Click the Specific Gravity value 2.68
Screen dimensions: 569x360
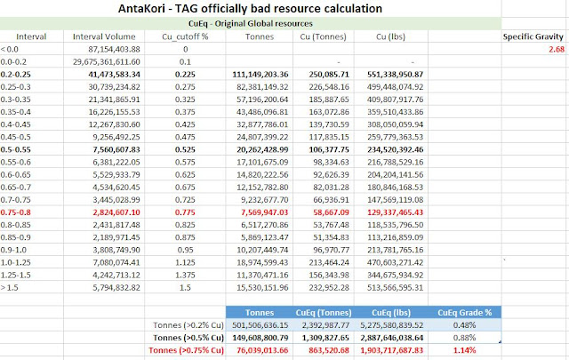pyautogui.click(x=557, y=50)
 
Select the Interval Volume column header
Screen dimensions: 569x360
pyautogui.click(x=104, y=36)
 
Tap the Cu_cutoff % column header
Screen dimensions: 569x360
pyautogui.click(x=185, y=36)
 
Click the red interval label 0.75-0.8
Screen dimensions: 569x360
pyautogui.click(x=16, y=212)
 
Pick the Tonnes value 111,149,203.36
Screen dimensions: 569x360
pyautogui.click(x=260, y=75)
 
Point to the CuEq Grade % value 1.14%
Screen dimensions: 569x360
pyautogui.click(x=464, y=350)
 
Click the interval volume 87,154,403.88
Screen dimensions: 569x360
pyautogui.click(x=114, y=50)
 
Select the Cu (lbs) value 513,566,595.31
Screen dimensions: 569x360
pyautogui.click(x=395, y=287)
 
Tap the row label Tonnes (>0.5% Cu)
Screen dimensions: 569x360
pyautogui.click(x=188, y=338)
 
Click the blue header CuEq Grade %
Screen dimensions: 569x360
pyautogui.click(x=464, y=313)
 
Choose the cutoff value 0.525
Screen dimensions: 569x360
pyautogui.click(x=185, y=149)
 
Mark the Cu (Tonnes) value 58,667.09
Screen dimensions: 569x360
pyautogui.click(x=331, y=212)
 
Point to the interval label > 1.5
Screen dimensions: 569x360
pyautogui.click(x=10, y=287)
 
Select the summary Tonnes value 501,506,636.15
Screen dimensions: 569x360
pyautogui.click(x=260, y=325)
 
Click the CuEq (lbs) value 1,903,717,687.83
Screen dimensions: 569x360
pyautogui.click(x=392, y=350)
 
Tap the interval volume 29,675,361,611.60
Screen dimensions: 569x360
pyautogui.click(x=107, y=61)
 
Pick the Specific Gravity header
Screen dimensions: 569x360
pyautogui.click(x=533, y=36)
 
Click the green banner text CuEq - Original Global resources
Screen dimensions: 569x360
pyautogui.click(x=251, y=24)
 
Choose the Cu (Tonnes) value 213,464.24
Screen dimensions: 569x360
pyautogui.click(x=329, y=262)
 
